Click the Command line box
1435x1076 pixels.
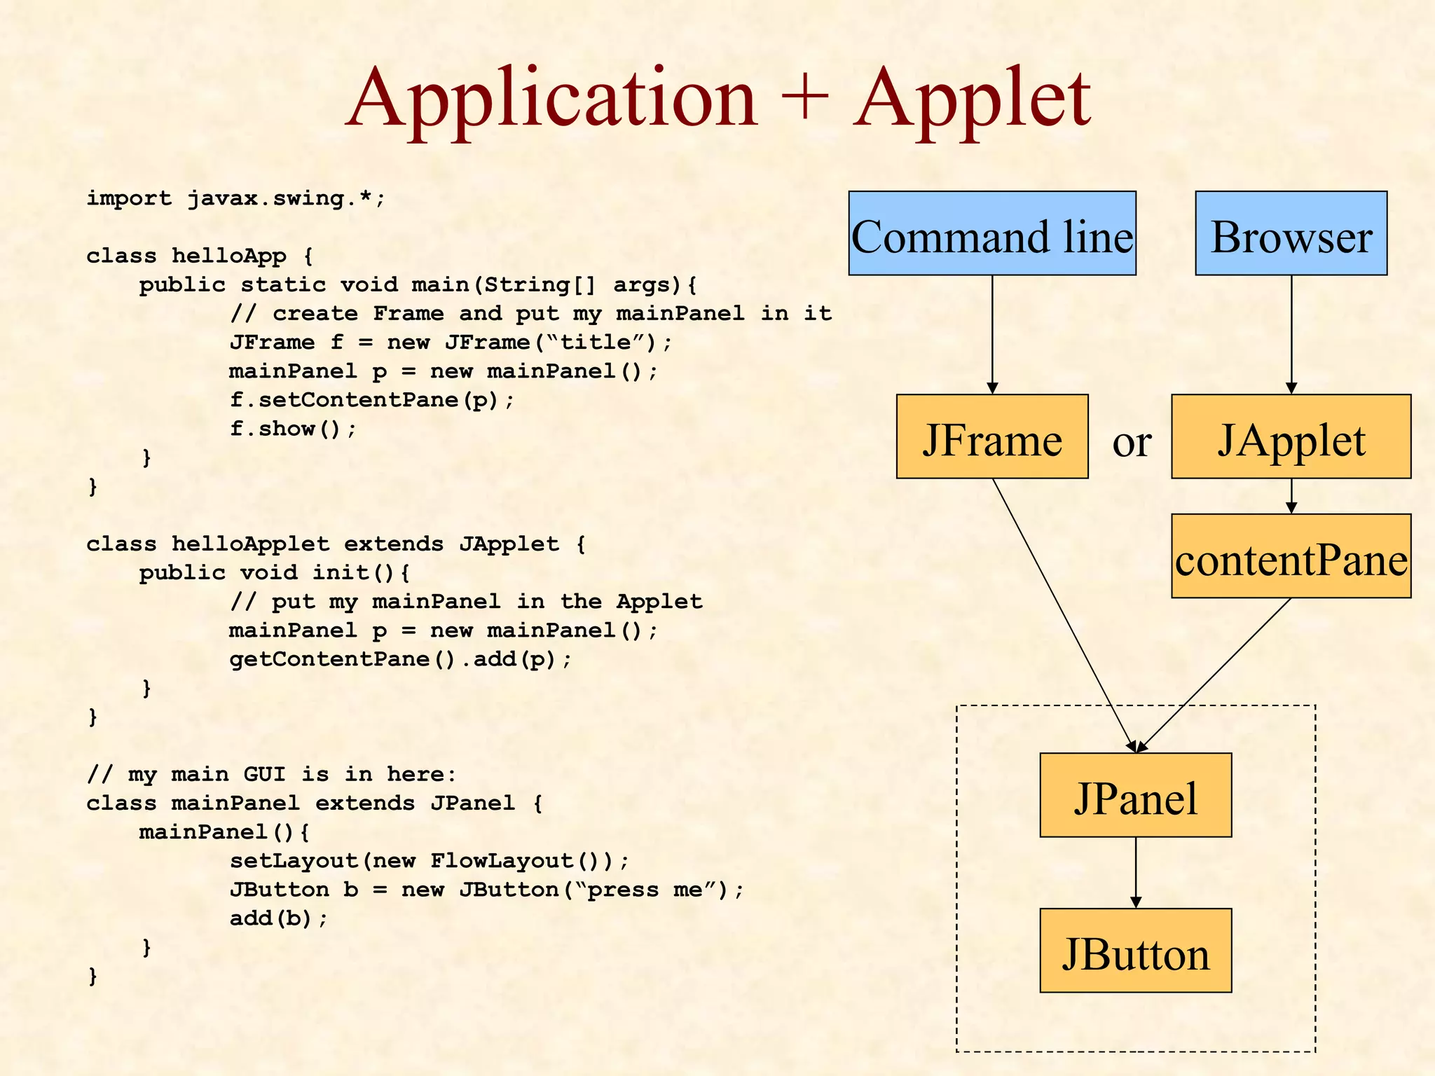pos(991,233)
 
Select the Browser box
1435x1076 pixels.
pos(1291,233)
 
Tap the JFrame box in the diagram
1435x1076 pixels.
pos(991,436)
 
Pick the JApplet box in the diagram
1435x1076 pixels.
pos(1291,436)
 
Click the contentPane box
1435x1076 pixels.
pos(1291,556)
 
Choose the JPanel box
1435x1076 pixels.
pos(1135,795)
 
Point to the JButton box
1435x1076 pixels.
pos(1135,951)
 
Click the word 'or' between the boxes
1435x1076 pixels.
pos(1132,442)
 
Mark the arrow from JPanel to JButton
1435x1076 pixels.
pos(1136,872)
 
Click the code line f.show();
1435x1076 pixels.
pos(293,429)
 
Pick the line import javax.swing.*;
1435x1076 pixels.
pos(235,198)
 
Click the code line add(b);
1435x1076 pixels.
pos(278,918)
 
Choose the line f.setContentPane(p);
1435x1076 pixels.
pos(371,400)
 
